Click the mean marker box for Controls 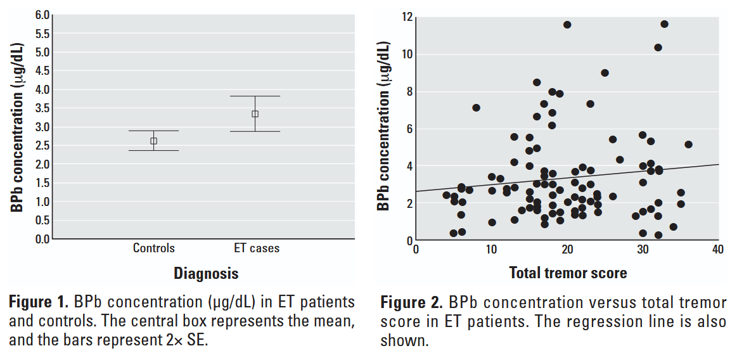[153, 141]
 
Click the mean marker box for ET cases [255, 114]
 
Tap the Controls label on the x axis [153, 248]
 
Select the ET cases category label [257, 248]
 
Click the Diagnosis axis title [207, 274]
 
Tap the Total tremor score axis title [568, 273]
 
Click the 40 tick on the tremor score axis [717, 249]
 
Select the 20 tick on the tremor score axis [567, 249]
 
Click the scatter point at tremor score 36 [688, 145]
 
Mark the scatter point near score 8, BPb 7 [476, 108]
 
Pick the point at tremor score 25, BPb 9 [605, 73]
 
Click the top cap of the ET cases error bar [255, 96]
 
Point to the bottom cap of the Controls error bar [153, 150]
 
